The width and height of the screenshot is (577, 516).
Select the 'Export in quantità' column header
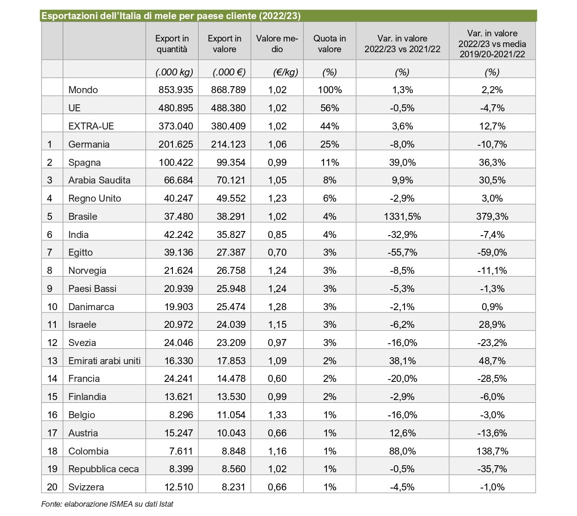pos(172,44)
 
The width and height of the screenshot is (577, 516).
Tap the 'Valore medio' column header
pos(277,44)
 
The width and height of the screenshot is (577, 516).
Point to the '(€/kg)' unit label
pos(285,72)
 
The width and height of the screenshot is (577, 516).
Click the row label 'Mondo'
pos(83,90)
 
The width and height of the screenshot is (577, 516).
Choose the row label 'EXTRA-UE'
pos(91,126)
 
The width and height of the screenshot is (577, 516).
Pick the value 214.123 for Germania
pos(228,144)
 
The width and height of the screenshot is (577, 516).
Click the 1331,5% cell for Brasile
pos(402,217)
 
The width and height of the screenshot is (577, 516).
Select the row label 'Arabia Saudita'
pos(99,180)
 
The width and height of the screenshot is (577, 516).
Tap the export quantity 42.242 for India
pos(178,234)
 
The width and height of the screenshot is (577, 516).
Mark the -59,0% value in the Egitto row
pos(492,252)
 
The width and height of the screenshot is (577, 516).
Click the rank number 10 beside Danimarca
pos(52,307)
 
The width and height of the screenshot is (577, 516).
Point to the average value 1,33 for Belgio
pos(277,415)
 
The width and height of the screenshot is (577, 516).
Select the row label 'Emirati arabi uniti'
pos(104,361)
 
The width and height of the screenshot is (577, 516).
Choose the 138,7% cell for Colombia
pos(492,451)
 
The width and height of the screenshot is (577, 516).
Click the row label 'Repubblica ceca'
pos(103,469)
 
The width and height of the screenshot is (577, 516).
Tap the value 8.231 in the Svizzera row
pos(233,487)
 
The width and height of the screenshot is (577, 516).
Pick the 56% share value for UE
pos(330,108)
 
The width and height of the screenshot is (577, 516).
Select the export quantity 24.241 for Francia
pos(178,379)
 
